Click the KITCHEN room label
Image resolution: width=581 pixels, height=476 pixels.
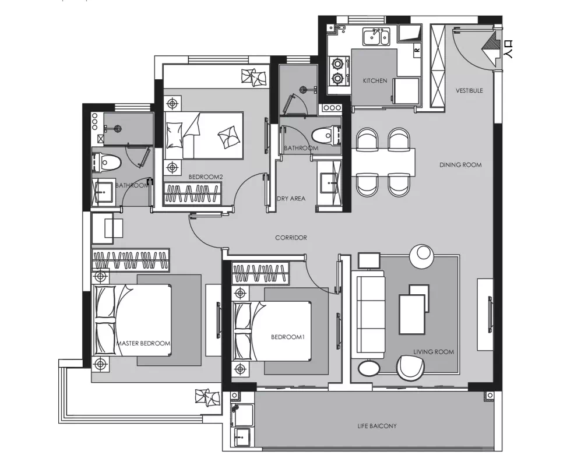tap(375, 80)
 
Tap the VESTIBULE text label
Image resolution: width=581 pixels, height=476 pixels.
tap(469, 90)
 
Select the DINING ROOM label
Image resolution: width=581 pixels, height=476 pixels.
tap(460, 165)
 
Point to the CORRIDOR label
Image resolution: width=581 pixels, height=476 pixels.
tap(291, 238)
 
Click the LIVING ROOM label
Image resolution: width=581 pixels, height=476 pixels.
tap(434, 351)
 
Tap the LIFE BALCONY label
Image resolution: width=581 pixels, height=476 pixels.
tap(377, 426)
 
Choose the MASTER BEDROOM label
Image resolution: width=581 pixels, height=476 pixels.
tap(143, 343)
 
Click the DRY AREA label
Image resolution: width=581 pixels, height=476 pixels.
tap(291, 199)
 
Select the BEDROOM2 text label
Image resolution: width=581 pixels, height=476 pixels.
tap(206, 177)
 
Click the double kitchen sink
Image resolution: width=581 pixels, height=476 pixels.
tap(376, 37)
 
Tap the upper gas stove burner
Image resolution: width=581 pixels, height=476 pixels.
tap(337, 64)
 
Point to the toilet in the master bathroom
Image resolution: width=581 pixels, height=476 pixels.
tap(107, 163)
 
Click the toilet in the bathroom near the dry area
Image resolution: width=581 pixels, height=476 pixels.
tap(326, 136)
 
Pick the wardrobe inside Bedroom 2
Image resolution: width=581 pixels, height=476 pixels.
tap(192, 194)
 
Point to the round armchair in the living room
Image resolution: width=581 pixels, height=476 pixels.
tap(410, 368)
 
